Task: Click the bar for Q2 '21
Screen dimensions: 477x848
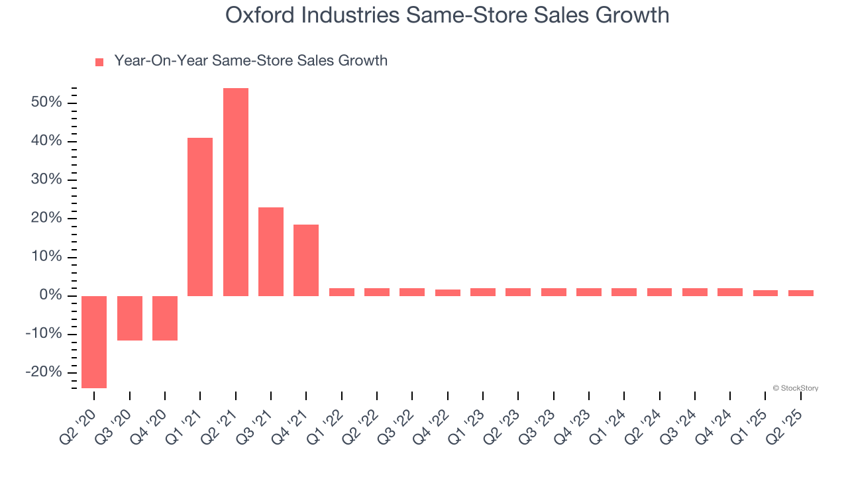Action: tap(236, 192)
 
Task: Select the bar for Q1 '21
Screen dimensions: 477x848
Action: tap(200, 217)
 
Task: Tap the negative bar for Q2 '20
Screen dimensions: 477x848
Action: tap(94, 342)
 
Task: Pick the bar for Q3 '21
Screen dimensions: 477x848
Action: tap(271, 252)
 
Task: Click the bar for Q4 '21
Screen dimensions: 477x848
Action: tap(306, 260)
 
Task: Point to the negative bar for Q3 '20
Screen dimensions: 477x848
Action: tap(130, 318)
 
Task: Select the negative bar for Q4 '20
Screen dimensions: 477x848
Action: tap(165, 318)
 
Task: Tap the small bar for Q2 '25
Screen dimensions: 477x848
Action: tap(801, 293)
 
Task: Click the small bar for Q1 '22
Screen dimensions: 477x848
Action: tap(342, 292)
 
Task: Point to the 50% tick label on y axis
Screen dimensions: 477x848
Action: tap(45, 103)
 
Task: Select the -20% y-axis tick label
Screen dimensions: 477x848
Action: tap(44, 372)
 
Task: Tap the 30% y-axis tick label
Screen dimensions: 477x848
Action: tap(45, 180)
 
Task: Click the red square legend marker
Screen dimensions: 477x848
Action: tap(99, 62)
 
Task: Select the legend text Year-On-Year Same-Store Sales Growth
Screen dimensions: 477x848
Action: tap(250, 61)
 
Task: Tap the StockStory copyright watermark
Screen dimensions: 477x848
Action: tap(795, 388)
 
